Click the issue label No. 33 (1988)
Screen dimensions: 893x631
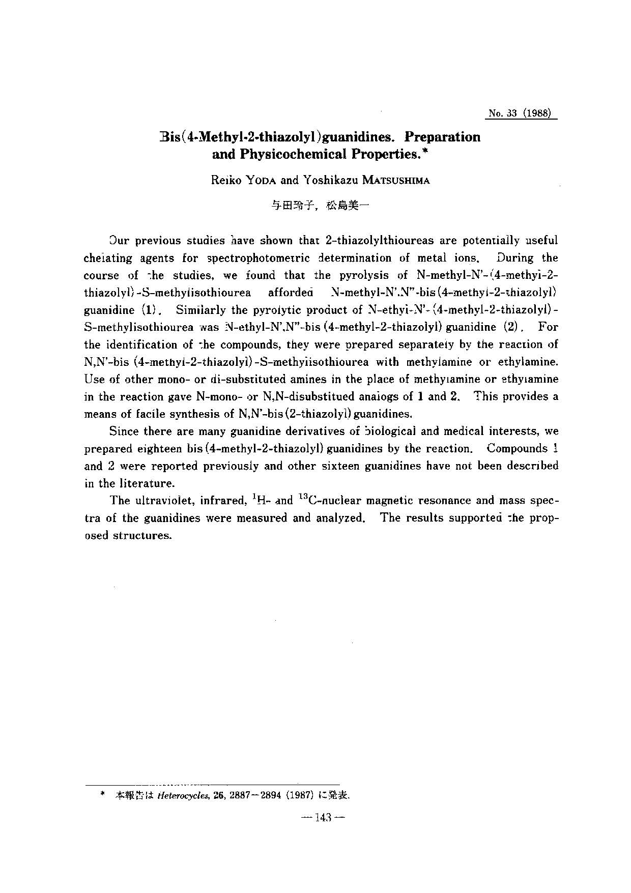coord(520,113)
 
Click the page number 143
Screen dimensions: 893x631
coord(323,818)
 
